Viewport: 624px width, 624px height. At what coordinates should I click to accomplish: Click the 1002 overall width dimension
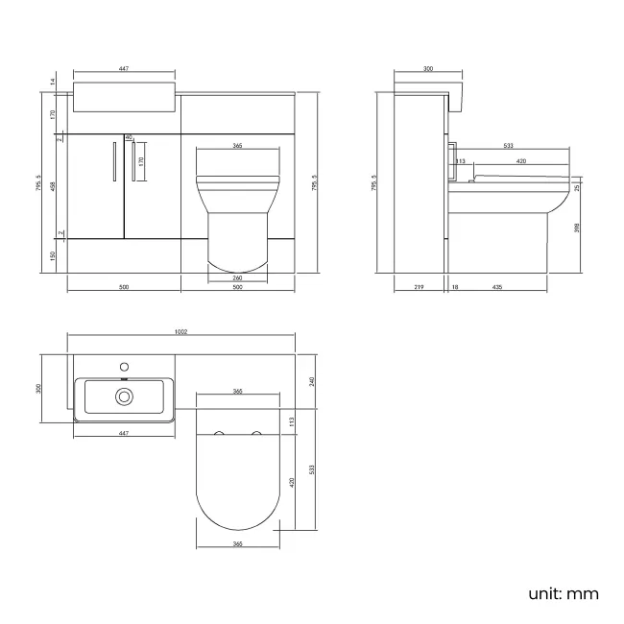tap(182, 331)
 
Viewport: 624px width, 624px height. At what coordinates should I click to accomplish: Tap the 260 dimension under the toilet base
tap(236, 279)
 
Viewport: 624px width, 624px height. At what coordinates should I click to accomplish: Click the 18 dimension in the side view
tap(454, 287)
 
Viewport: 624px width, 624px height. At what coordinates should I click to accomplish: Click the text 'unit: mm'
tap(563, 592)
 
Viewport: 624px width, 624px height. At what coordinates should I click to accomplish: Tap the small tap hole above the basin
tap(124, 366)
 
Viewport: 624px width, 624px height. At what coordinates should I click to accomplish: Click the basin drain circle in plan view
tap(124, 396)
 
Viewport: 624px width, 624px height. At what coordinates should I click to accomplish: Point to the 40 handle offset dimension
tap(128, 137)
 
